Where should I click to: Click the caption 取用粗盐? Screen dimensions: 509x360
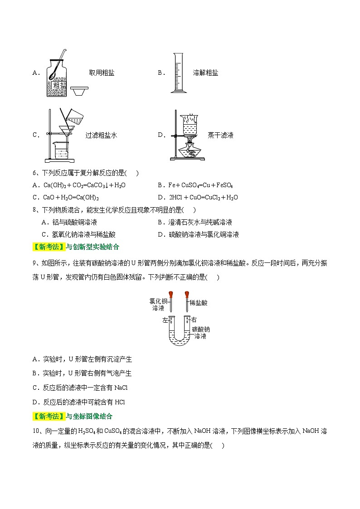coord(101,73)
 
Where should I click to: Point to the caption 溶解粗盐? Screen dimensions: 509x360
coord(205,73)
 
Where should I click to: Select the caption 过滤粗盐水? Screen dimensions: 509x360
coord(101,135)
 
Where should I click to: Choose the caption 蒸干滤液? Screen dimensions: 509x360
coord(220,135)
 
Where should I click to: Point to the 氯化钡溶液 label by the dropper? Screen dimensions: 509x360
coord(158,304)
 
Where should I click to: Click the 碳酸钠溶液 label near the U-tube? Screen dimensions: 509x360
coord(200,333)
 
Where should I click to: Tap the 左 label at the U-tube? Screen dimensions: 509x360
coord(165,320)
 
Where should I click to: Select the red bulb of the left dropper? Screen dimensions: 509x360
coord(171,296)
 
